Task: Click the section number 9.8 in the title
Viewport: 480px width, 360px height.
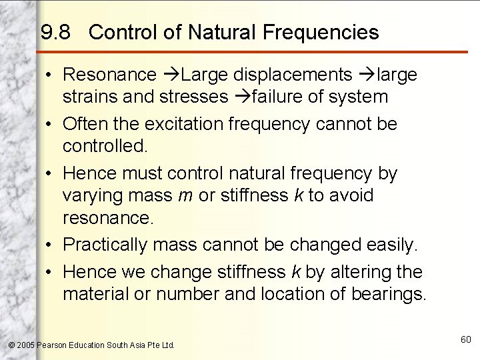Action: [55, 32]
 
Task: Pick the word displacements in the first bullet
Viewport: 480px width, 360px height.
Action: [299, 75]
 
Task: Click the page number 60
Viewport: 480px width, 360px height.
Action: [465, 340]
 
